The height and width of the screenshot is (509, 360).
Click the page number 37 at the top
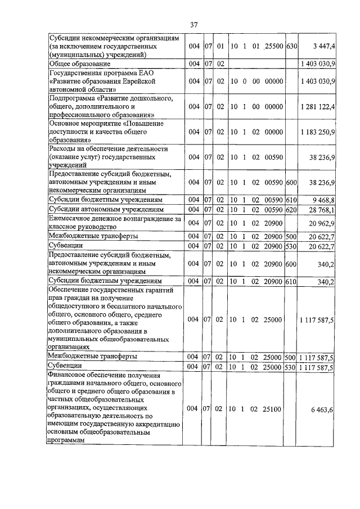tap(193, 25)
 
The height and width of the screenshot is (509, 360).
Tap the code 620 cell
tap(292, 209)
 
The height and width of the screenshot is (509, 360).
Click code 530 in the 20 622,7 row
tap(292, 246)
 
